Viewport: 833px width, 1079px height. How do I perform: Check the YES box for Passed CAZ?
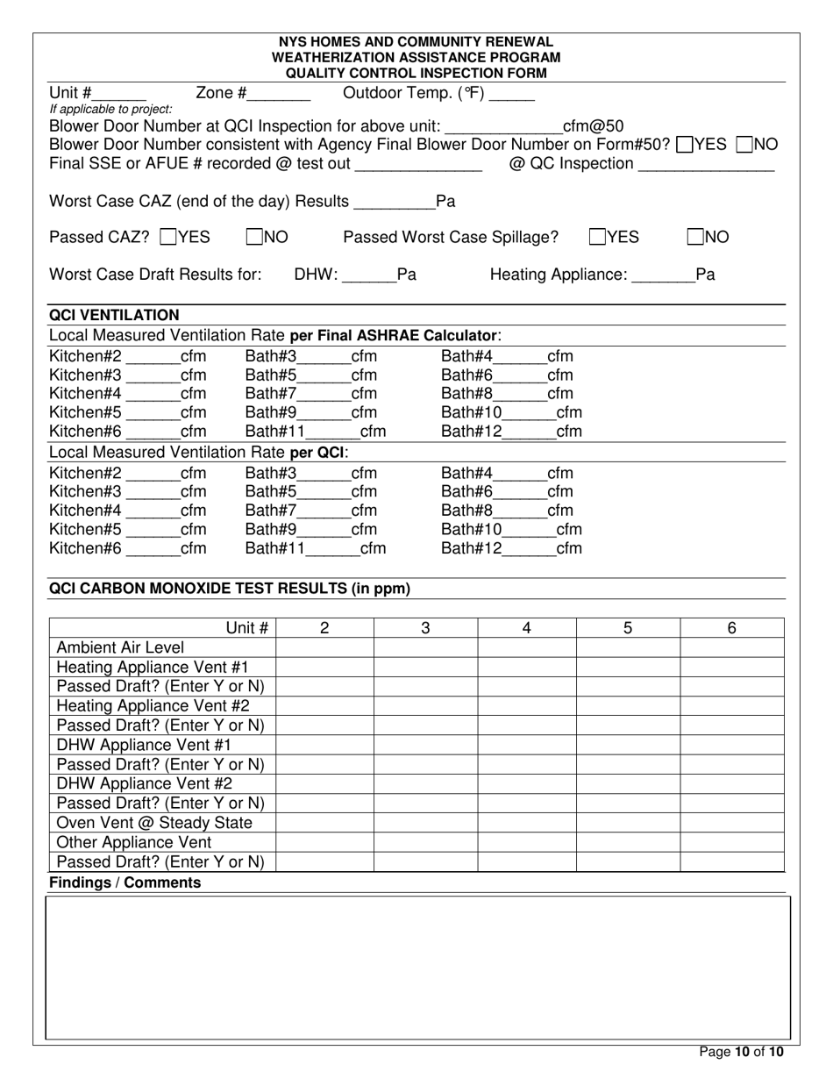point(170,237)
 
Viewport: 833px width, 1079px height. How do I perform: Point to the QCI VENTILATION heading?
point(114,315)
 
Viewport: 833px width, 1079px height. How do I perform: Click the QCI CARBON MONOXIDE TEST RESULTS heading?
point(229,589)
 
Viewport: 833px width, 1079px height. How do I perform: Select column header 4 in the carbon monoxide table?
point(526,628)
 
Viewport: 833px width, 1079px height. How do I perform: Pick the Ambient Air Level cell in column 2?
point(324,648)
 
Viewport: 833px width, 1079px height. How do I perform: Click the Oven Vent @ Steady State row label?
point(154,823)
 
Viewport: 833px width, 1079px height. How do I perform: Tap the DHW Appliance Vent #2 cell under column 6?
point(732,784)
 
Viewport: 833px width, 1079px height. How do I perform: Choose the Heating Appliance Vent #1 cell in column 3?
point(425,668)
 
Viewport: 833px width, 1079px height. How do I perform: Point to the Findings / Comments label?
point(125,882)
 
